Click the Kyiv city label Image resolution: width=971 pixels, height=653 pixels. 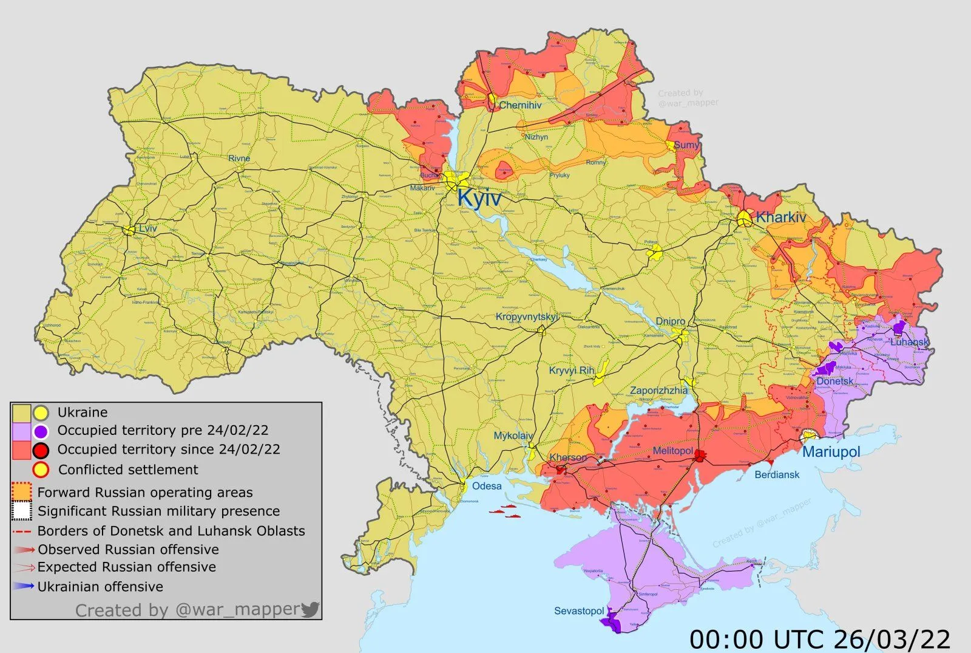point(479,198)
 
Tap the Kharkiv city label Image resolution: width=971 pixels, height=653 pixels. point(780,217)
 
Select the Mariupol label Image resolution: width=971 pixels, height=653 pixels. point(831,452)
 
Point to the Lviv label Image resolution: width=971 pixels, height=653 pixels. point(147,228)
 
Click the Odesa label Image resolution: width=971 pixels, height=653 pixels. point(487,486)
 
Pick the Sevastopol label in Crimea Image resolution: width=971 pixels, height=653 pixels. point(578,610)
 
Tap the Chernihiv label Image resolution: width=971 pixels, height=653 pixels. point(520,105)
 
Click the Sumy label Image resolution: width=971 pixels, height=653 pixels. point(686,145)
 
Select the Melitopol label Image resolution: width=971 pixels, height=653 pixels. point(672,451)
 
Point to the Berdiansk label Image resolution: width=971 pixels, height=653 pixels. point(777,474)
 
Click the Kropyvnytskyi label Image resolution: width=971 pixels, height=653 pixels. point(526,316)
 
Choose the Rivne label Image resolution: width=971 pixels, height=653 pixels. point(239,158)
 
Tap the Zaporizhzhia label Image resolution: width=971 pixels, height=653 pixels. point(658,391)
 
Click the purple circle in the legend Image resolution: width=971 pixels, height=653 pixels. point(41,431)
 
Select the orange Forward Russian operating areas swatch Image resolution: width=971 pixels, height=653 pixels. point(22,491)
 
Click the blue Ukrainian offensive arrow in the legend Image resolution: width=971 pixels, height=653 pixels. point(24,586)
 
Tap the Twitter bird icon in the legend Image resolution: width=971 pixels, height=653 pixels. point(310,609)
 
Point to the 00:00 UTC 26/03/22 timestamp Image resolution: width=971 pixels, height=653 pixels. point(820,639)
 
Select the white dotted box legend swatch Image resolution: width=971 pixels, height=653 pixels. point(22,511)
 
